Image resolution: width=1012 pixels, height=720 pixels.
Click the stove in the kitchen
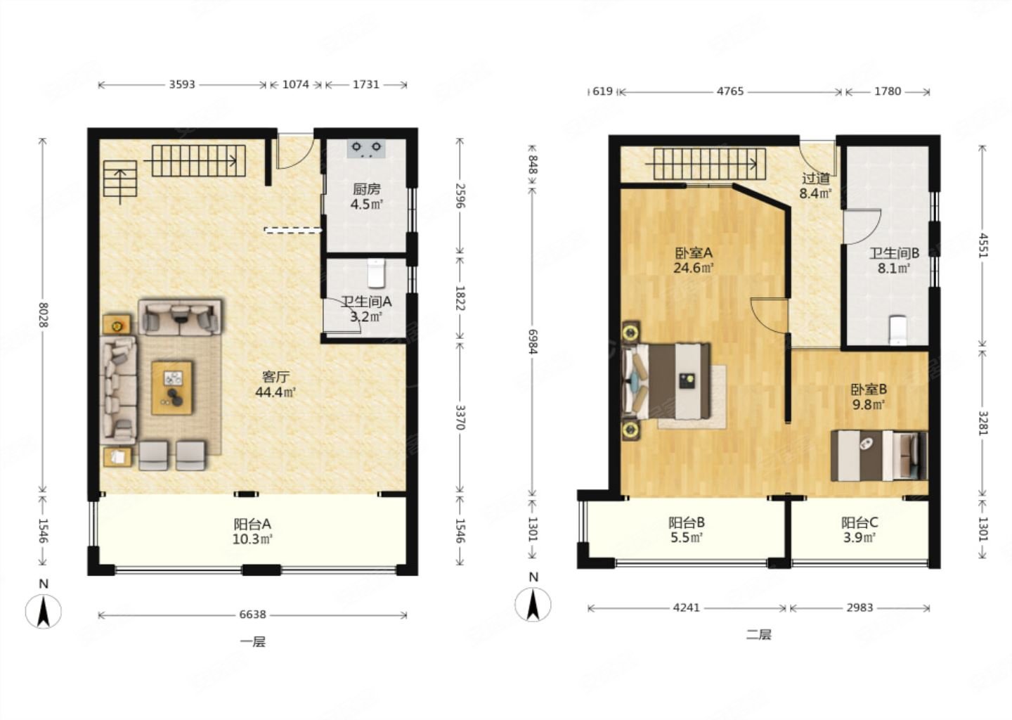[366, 148]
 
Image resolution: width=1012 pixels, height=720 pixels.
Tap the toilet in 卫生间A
[376, 273]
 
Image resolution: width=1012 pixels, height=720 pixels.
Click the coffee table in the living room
[171, 388]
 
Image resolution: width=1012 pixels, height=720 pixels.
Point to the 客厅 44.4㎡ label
[275, 385]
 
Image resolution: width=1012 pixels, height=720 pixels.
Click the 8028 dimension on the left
[43, 315]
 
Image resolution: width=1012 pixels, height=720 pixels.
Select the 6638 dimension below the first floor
[252, 615]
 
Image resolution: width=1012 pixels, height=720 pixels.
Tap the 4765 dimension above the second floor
[730, 91]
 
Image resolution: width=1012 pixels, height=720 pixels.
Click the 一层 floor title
[253, 642]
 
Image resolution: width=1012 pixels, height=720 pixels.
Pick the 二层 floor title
[758, 635]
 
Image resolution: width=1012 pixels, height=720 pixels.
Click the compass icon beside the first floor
[44, 612]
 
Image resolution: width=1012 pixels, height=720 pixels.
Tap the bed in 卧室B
[878, 456]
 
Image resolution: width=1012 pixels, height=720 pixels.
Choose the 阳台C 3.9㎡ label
[859, 530]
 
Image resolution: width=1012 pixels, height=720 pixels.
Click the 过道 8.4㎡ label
[816, 186]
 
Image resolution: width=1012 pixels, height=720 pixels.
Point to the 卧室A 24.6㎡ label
[694, 260]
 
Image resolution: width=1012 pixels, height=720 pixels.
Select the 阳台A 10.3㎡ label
[252, 532]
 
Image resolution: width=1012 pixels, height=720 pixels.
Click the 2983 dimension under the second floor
[859, 608]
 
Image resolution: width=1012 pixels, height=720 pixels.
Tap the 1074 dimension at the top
[295, 84]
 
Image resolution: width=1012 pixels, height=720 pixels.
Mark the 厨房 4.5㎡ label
[367, 197]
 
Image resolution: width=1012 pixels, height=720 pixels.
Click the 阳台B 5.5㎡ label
[687, 530]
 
